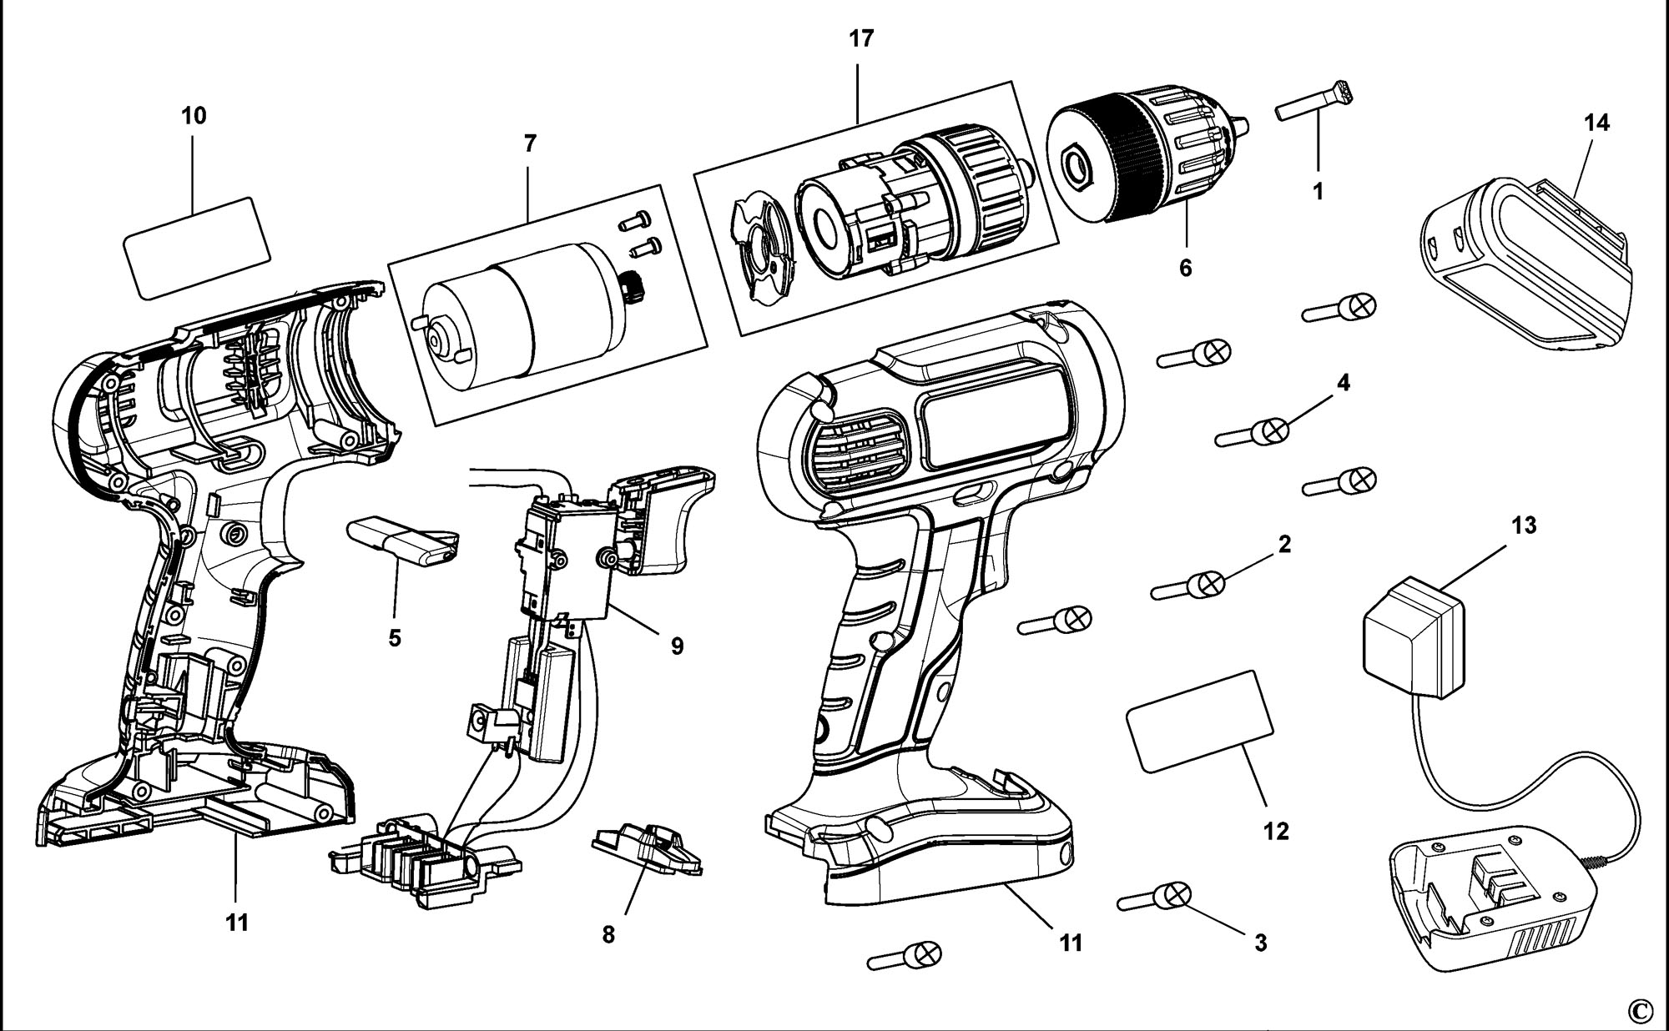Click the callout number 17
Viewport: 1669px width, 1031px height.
click(861, 38)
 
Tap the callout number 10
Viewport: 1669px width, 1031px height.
click(194, 115)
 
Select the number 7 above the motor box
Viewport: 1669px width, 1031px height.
click(530, 143)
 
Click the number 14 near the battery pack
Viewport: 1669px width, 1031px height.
click(1596, 123)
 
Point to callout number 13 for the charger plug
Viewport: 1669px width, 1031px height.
click(1523, 526)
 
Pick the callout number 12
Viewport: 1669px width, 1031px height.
click(1277, 831)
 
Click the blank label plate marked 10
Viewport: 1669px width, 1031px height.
click(196, 247)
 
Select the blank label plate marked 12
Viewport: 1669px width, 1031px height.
click(1201, 721)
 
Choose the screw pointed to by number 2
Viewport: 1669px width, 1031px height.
click(1189, 586)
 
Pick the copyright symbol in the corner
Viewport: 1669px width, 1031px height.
click(1640, 1010)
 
